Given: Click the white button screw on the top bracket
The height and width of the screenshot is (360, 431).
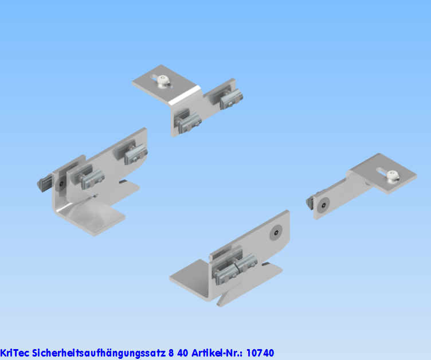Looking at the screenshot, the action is coord(163,82).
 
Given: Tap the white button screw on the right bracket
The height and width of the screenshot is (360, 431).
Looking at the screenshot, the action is coord(392,177).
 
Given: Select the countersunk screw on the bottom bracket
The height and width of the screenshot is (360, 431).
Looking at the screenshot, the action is coord(276,233).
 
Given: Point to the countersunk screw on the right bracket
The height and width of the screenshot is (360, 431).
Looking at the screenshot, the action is coord(323,205).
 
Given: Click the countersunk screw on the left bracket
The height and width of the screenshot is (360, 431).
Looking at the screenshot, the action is coord(61,183).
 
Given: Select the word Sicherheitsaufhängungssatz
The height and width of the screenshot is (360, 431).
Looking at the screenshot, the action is coord(99,353).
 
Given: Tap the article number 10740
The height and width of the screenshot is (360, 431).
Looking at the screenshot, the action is coord(260,353).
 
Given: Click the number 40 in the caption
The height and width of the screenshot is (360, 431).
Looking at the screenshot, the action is coord(182,353).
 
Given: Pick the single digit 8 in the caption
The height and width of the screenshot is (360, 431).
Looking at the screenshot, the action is coord(171,353).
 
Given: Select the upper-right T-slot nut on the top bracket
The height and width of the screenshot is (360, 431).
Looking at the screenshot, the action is coord(231,99).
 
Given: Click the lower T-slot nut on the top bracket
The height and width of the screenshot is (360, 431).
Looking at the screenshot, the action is coord(189,124).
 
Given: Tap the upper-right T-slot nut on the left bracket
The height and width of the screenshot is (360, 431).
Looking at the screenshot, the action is coord(136,154).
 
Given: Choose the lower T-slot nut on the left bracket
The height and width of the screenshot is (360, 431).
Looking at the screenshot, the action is coord(92,179).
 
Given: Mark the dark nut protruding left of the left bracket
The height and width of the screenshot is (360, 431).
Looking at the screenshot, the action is coord(44,183).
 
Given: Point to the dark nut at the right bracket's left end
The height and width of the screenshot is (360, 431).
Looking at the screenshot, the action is coord(309,202).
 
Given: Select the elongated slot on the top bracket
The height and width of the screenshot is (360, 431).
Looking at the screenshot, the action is coord(162,81).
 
